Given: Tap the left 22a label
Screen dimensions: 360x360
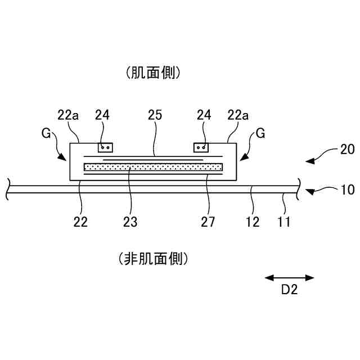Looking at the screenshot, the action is click(x=68, y=115).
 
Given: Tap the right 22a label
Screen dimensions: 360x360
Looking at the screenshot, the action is click(x=238, y=115).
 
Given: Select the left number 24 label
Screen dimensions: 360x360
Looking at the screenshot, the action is click(x=102, y=115).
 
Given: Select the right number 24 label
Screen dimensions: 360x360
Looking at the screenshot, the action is click(x=204, y=115).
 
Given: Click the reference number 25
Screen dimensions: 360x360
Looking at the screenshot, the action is click(x=154, y=115).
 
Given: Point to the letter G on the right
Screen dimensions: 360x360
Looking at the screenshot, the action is click(x=260, y=134).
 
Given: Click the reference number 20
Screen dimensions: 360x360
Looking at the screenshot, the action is click(x=347, y=150).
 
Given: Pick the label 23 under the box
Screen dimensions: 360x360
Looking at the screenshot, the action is click(x=130, y=222).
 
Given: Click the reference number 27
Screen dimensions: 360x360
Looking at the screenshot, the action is click(x=208, y=222).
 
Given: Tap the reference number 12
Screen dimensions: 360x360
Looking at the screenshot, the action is click(x=253, y=222).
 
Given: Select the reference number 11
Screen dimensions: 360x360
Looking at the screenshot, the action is click(x=284, y=222).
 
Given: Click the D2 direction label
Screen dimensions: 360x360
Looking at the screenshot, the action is click(x=289, y=291).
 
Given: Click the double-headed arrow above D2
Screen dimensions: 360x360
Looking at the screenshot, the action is click(x=289, y=277).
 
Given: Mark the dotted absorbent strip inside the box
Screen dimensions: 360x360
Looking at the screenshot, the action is click(x=153, y=167).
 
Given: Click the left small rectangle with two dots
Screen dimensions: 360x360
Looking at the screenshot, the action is click(x=105, y=147).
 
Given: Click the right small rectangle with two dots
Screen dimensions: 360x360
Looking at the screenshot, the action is click(x=201, y=147).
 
